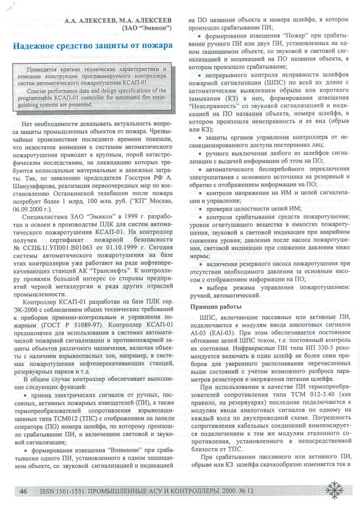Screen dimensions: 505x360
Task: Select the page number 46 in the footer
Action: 23,491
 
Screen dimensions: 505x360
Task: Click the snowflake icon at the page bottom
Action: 335,488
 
